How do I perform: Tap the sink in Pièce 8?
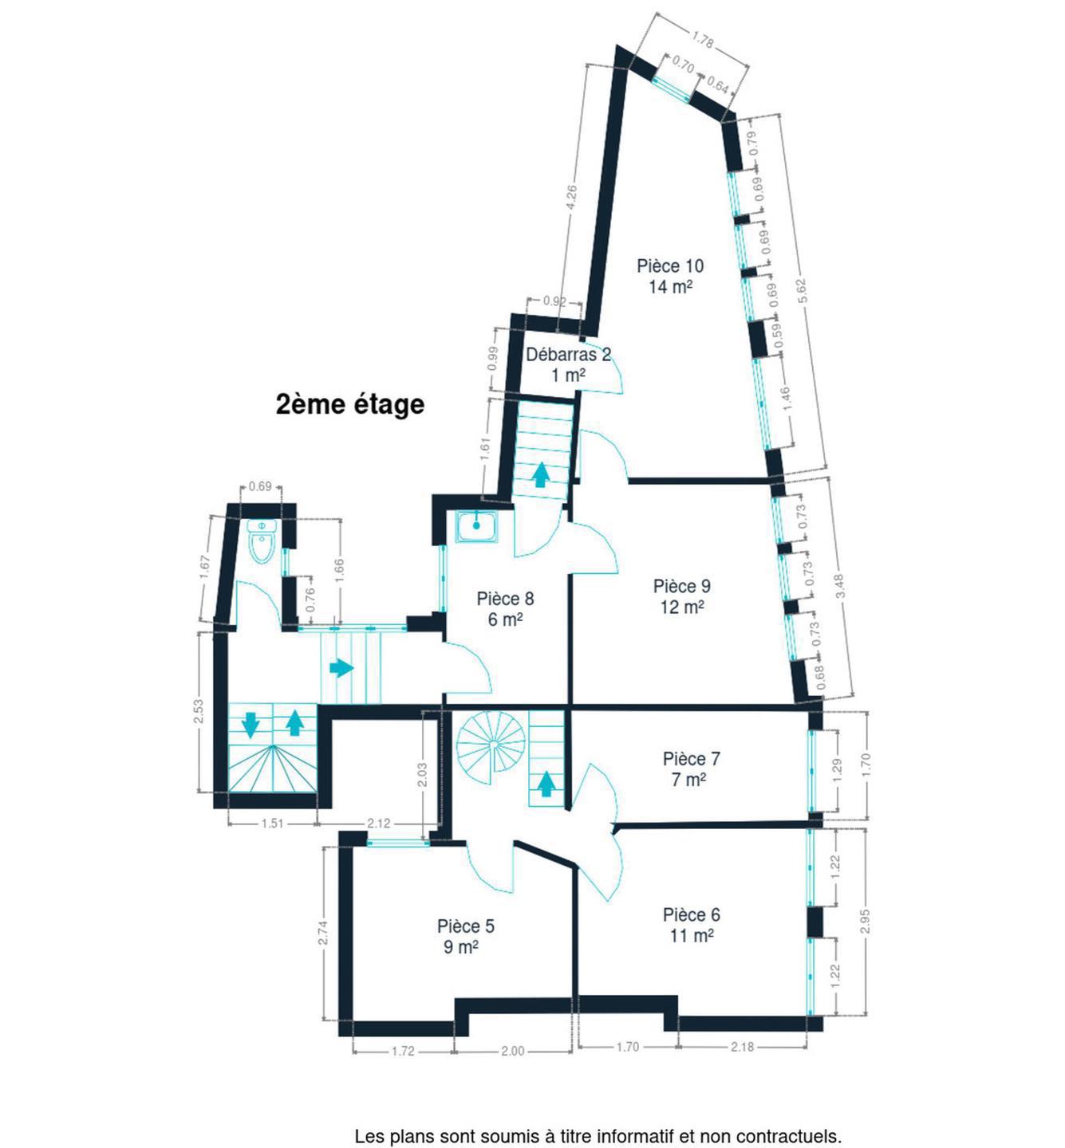pyautogui.click(x=477, y=526)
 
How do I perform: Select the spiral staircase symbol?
pyautogui.click(x=492, y=746)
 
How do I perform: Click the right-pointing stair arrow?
pyautogui.click(x=341, y=668)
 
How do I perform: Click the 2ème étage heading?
pyautogui.click(x=350, y=404)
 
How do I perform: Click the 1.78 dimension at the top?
pyautogui.click(x=703, y=41)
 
